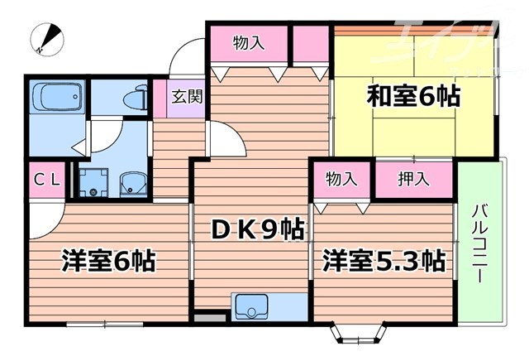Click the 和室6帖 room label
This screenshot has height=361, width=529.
point(412,97)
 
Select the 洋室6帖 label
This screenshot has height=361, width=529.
point(108,262)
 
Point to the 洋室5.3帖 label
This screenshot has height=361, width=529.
point(384,262)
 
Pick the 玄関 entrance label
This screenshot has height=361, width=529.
point(187,95)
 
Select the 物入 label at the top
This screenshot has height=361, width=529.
point(248,42)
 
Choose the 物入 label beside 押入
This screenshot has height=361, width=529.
point(341,178)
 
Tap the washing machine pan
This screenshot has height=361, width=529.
point(95,181)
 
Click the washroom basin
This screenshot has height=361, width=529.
point(131,183)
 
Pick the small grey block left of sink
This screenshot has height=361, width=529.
point(213,315)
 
